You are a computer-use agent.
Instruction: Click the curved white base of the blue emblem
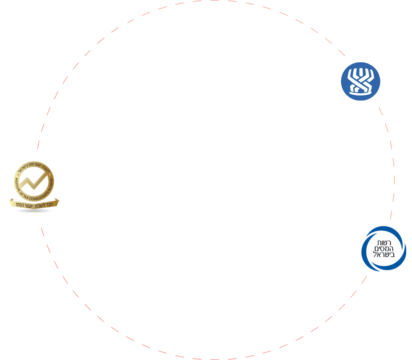coord(360,93)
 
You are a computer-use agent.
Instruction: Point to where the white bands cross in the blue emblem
coord(360,82)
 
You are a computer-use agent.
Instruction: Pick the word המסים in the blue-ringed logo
coord(384,249)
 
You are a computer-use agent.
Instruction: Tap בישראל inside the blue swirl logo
coord(384,255)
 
